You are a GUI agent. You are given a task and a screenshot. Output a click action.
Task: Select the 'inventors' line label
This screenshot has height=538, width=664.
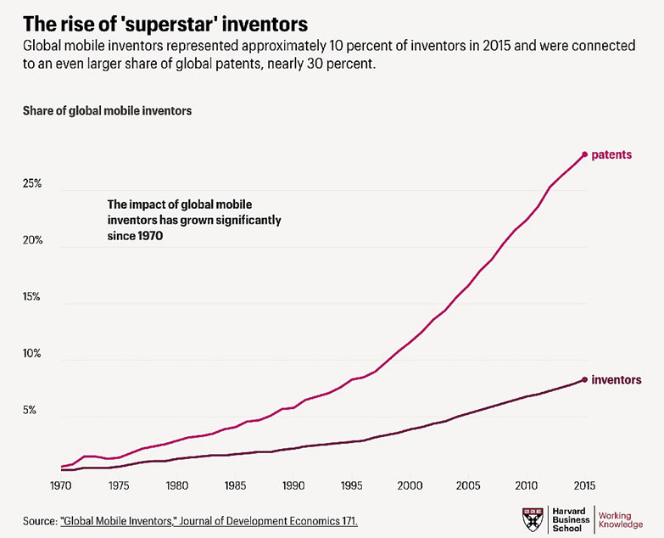point(617,379)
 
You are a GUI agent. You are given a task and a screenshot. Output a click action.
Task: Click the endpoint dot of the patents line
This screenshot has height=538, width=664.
point(584,154)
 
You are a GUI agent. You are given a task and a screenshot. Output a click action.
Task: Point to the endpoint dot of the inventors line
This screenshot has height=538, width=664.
point(584,379)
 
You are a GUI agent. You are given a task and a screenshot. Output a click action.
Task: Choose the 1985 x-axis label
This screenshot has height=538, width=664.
point(236,486)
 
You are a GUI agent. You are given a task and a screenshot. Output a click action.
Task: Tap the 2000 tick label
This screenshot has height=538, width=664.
point(410,486)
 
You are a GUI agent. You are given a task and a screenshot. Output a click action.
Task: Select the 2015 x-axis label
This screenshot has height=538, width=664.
point(584,486)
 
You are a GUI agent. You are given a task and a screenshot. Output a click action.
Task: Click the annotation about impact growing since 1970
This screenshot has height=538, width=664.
point(194,221)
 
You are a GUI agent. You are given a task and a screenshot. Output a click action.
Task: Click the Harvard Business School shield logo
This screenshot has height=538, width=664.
point(532,519)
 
